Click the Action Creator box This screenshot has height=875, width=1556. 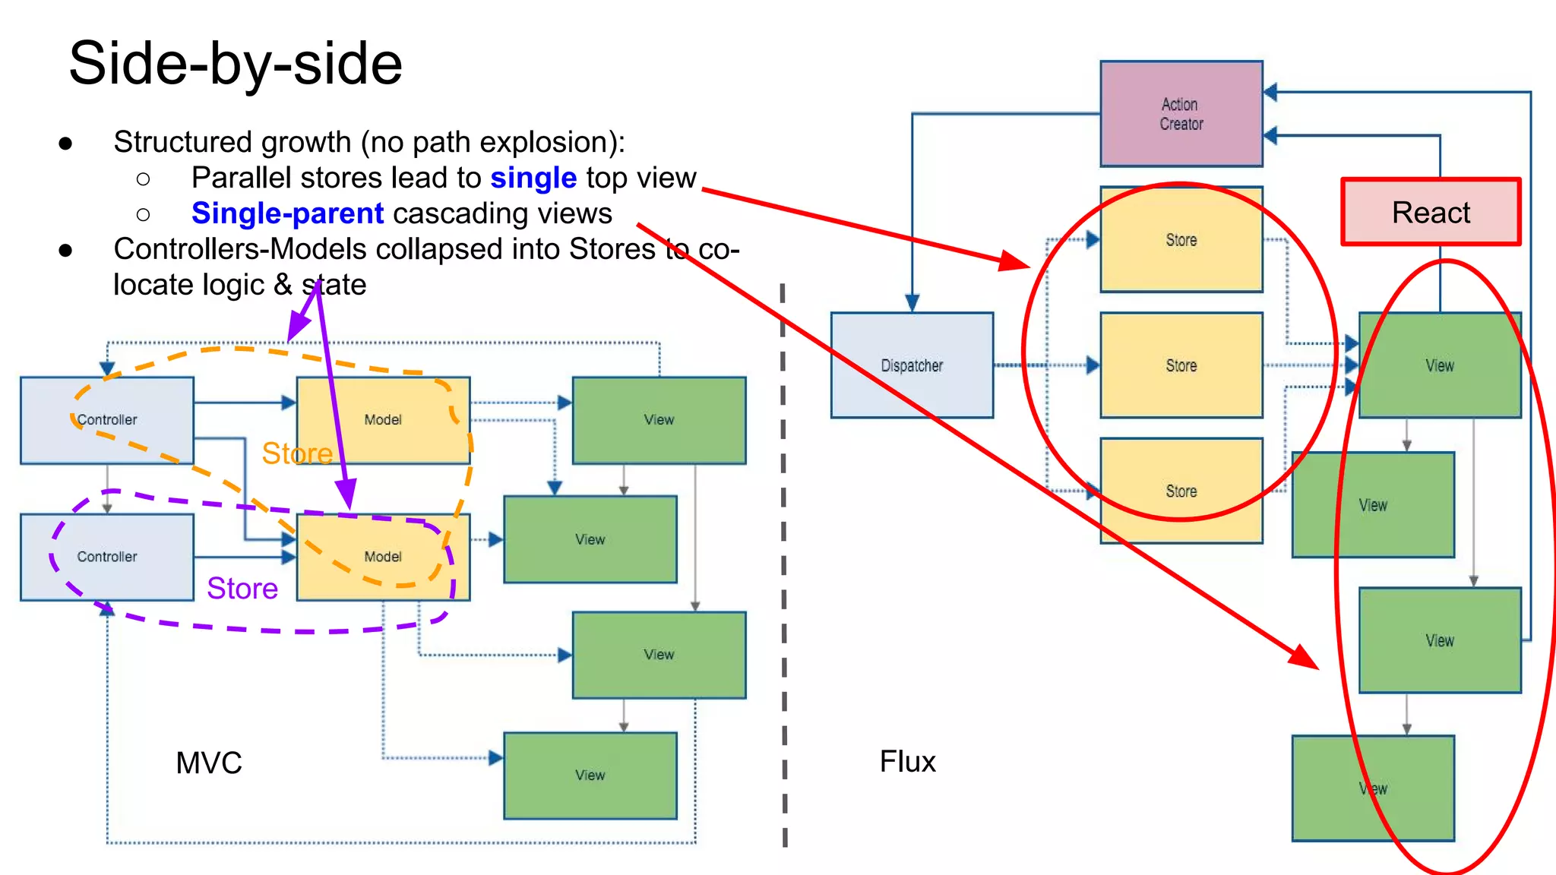point(1181,114)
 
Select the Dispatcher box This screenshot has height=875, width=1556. point(912,365)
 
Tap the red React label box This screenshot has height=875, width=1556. point(1431,212)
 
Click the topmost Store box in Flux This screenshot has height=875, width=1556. point(1181,239)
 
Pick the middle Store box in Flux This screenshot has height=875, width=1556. point(1181,365)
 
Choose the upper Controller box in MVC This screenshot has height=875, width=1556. point(107,420)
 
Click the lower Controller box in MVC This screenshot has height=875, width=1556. point(107,557)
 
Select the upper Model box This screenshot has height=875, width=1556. point(383,420)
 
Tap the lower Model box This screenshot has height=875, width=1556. point(383,557)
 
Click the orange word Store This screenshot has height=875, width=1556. point(297,453)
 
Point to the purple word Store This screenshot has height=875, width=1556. point(242,589)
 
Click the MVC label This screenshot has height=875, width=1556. point(209,763)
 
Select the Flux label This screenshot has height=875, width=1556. point(907,761)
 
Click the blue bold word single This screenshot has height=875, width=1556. point(533,178)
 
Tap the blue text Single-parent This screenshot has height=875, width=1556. point(287,213)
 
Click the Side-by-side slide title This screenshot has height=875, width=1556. point(236,64)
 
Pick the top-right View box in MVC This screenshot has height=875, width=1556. point(659,420)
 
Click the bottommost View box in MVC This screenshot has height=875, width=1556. point(590,775)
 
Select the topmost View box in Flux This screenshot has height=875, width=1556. point(1439,365)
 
